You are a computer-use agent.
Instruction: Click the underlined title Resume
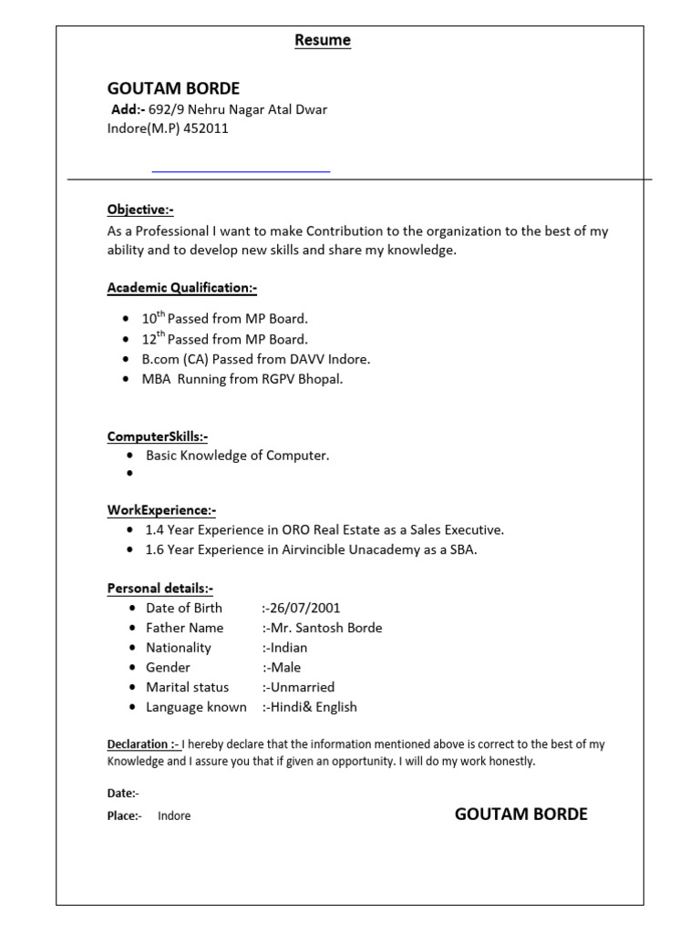(x=323, y=40)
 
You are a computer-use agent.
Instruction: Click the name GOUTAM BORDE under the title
(x=173, y=88)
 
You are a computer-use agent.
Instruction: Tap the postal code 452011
(x=206, y=128)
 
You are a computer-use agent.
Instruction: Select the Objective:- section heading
(x=140, y=210)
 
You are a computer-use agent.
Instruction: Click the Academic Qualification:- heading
(x=182, y=288)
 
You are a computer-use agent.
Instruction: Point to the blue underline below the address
(x=241, y=171)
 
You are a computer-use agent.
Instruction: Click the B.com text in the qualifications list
(x=160, y=359)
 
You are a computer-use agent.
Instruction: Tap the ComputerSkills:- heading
(x=158, y=436)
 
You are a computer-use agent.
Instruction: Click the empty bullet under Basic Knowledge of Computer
(x=132, y=474)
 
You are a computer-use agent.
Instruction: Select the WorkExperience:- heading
(x=161, y=510)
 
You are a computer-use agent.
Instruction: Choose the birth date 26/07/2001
(x=305, y=608)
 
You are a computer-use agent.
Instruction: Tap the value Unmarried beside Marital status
(x=303, y=687)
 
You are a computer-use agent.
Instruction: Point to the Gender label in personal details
(x=168, y=667)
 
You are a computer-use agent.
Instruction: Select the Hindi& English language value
(x=314, y=707)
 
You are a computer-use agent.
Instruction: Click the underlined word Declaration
(x=138, y=744)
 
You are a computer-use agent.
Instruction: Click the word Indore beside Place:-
(x=174, y=815)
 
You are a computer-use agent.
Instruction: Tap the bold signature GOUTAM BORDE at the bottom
(x=520, y=814)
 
